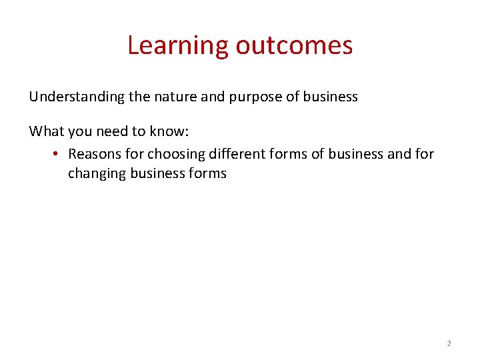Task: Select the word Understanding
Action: tap(77, 97)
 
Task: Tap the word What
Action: tap(45, 131)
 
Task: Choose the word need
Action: tap(107, 131)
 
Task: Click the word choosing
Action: tap(176, 155)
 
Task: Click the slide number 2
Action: tap(448, 343)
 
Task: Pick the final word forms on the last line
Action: tap(208, 173)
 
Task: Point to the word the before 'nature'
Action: tap(140, 97)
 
